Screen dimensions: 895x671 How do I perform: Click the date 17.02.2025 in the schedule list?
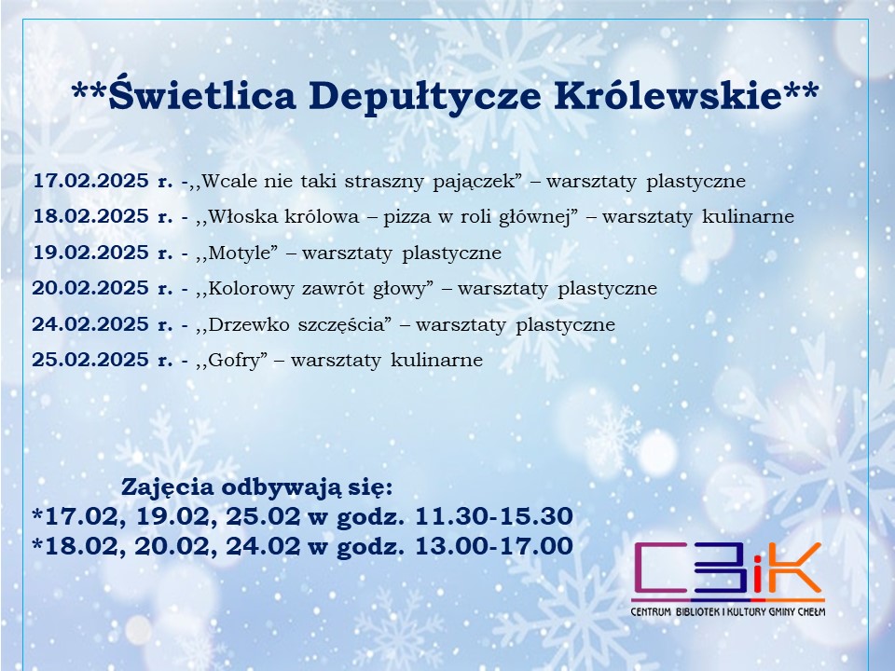tap(90, 180)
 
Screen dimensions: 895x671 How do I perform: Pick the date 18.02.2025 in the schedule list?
tap(90, 216)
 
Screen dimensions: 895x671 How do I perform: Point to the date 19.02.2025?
tap(90, 253)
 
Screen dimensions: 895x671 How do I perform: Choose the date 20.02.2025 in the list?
tap(90, 288)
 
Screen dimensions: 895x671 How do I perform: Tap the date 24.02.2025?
tap(90, 324)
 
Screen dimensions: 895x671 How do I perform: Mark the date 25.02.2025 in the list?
tap(90, 360)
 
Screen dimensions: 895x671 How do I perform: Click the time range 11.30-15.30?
tap(494, 515)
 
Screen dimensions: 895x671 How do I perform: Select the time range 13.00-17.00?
tap(494, 546)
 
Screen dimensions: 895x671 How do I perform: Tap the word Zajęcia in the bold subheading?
tap(168, 488)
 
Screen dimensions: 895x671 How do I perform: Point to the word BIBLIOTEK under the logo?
tap(695, 612)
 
